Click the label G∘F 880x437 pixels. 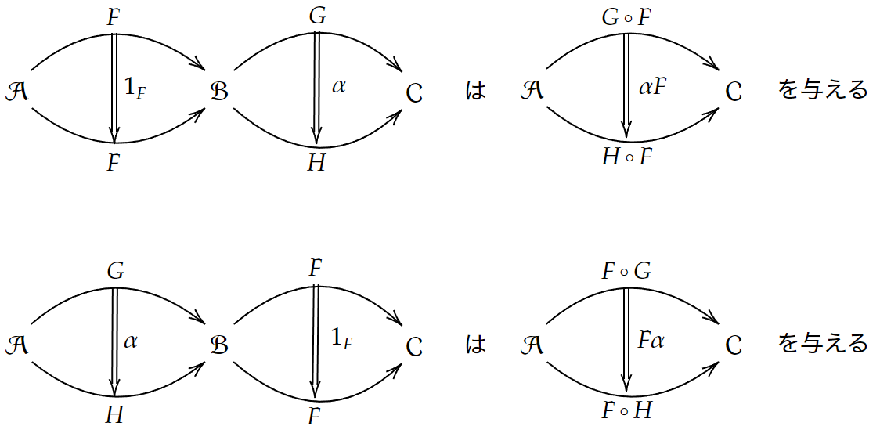click(x=627, y=16)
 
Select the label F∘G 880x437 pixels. click(x=626, y=271)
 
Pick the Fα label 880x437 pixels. click(x=651, y=341)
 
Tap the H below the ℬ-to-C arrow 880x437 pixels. click(x=316, y=163)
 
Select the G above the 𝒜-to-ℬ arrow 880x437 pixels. click(x=115, y=271)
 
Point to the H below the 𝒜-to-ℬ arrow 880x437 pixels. click(x=114, y=416)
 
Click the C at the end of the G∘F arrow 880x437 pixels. click(x=734, y=92)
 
